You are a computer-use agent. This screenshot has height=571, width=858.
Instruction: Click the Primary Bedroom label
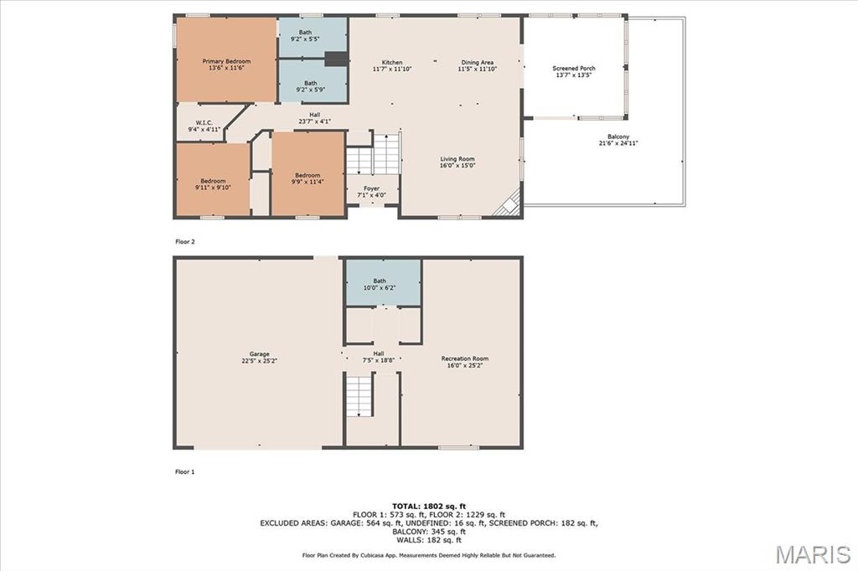coord(226,61)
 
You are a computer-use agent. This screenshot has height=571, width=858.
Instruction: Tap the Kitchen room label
coord(392,62)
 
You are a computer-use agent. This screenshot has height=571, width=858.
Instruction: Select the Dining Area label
coord(477,62)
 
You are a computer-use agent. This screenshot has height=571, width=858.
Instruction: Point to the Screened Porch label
coord(573,69)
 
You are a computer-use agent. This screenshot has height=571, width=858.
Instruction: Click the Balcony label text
coord(618,136)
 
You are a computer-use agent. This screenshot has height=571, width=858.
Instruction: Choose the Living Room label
coord(457,159)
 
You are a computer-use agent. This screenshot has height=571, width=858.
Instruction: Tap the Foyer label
coord(371,188)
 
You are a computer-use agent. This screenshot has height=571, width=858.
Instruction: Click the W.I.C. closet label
coord(204,123)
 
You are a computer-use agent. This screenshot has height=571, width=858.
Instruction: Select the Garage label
coord(260,354)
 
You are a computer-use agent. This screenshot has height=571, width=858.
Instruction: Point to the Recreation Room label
coord(464,359)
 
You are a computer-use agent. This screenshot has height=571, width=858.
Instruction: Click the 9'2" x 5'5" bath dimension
coord(305,39)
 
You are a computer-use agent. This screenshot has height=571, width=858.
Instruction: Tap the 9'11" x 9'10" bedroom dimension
coord(213,188)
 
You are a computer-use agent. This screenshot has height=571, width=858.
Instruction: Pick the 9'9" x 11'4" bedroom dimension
coord(308,182)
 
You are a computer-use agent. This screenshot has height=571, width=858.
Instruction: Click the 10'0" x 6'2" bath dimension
coord(380,288)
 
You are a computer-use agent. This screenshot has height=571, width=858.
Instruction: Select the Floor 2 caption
coord(185,242)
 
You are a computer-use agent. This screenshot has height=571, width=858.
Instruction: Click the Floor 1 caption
coord(185,472)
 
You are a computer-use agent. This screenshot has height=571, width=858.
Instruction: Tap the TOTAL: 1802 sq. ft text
coord(429,507)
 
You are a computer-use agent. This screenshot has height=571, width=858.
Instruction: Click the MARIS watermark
coord(813,554)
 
